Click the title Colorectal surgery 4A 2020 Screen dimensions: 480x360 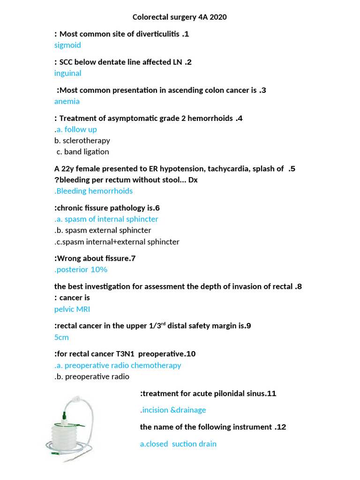[x=180, y=17]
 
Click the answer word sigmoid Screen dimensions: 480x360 [x=67, y=45]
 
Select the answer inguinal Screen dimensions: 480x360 [x=68, y=73]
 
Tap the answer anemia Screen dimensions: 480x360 [x=67, y=101]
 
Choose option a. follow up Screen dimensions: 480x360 [x=76, y=129]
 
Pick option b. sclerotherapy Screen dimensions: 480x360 [x=82, y=141]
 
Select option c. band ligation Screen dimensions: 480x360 [x=82, y=152]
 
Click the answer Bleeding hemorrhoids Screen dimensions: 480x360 [x=94, y=191]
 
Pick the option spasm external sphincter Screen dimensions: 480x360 [x=103, y=231]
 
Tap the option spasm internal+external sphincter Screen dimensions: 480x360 [x=117, y=242]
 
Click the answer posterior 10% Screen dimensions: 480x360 [x=81, y=270]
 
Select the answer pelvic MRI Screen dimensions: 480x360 [x=72, y=309]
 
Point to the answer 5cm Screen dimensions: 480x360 [x=61, y=337]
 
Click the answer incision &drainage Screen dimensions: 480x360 [x=173, y=410]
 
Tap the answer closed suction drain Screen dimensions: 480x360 [x=178, y=444]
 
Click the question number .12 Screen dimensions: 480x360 [x=279, y=427]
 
